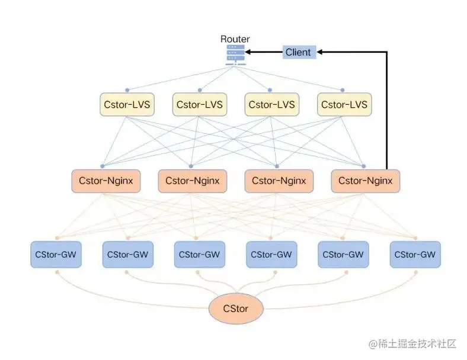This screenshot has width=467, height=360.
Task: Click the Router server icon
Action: [x=235, y=54]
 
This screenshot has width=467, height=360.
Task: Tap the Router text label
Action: [x=235, y=39]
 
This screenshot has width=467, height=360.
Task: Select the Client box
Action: [x=298, y=52]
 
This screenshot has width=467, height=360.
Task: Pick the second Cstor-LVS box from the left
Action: [x=199, y=105]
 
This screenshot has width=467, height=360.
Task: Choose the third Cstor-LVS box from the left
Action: [x=271, y=105]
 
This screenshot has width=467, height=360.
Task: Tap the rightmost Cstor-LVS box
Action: [x=344, y=105]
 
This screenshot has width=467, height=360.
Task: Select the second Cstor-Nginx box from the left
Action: [x=193, y=181]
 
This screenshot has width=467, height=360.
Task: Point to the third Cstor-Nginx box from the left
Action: [x=279, y=181]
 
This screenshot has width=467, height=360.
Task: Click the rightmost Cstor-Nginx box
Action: [x=365, y=181]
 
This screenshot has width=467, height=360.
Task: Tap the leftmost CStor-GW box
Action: [x=56, y=255]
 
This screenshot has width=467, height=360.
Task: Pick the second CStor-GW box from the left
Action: [x=127, y=255]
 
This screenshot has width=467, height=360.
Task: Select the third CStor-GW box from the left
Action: [x=200, y=255]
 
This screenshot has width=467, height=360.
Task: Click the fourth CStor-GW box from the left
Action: [x=271, y=255]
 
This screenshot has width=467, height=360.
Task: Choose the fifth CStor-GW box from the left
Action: [x=344, y=255]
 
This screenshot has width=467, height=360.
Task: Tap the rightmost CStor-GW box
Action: [x=415, y=255]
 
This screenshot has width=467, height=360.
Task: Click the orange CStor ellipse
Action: [x=235, y=308]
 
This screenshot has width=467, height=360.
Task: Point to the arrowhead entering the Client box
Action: [x=321, y=52]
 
